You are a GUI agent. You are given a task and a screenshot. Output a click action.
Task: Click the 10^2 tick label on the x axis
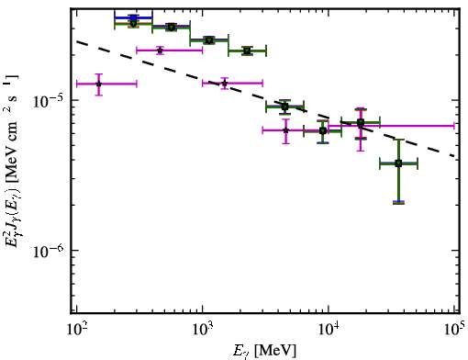pyautogui.click(x=76, y=329)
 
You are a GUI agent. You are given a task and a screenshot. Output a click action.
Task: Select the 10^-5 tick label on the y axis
pyautogui.click(x=48, y=101)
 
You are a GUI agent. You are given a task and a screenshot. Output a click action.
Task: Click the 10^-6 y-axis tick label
pyautogui.click(x=48, y=251)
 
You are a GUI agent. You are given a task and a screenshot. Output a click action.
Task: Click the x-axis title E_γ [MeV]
pyautogui.click(x=265, y=351)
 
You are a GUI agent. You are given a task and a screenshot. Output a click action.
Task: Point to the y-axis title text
pyautogui.click(x=12, y=161)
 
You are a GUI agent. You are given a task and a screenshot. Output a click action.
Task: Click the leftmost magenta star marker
pyautogui.click(x=98, y=84)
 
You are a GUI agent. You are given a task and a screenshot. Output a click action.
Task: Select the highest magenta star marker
pyautogui.click(x=160, y=51)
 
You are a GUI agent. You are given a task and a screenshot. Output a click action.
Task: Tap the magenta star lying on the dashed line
pyautogui.click(x=225, y=83)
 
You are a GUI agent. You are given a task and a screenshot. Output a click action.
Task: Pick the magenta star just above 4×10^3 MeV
pyautogui.click(x=285, y=130)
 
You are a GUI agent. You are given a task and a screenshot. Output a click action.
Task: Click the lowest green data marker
pyautogui.click(x=398, y=163)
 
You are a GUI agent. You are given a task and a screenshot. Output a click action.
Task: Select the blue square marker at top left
pyautogui.click(x=133, y=18)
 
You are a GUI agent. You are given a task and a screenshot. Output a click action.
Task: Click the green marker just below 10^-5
pyautogui.click(x=284, y=107)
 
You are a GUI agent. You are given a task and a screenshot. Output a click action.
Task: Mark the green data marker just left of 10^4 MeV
pyautogui.click(x=323, y=131)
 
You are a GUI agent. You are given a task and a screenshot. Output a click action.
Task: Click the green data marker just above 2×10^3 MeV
pyautogui.click(x=247, y=51)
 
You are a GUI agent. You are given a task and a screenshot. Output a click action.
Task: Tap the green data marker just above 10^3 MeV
pyautogui.click(x=209, y=40)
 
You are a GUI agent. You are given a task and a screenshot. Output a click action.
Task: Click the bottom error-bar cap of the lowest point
pyautogui.click(x=398, y=202)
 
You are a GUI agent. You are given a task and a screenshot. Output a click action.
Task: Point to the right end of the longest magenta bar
pyautogui.click(x=454, y=126)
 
